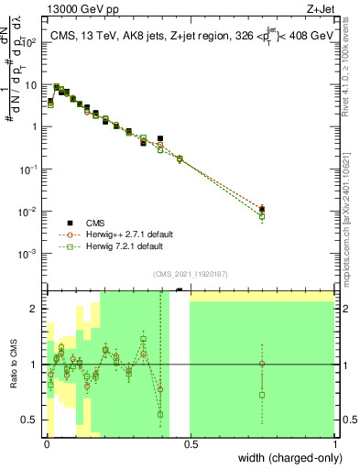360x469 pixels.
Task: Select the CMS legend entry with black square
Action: (x=94, y=223)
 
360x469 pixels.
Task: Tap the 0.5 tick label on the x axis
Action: (x=190, y=444)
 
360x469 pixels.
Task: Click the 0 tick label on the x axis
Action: (x=46, y=444)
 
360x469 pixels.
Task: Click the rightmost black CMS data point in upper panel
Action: (x=262, y=209)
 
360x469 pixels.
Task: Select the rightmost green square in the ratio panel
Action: (x=262, y=395)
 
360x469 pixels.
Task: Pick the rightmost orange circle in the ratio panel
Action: (x=262, y=364)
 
